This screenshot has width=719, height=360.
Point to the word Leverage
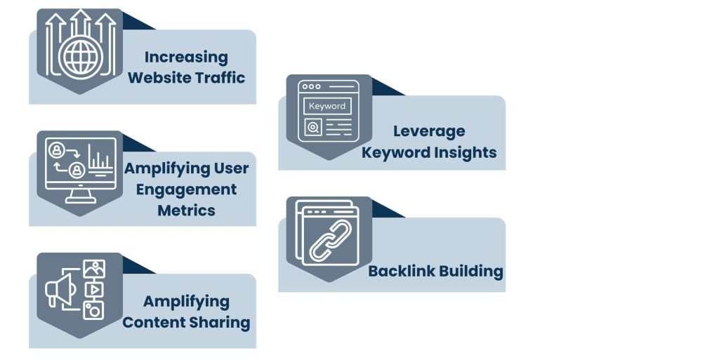[429, 131]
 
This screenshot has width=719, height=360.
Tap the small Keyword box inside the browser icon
[327, 106]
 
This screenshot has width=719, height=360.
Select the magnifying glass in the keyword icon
[313, 128]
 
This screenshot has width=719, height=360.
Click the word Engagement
[186, 189]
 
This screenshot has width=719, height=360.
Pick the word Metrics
[186, 210]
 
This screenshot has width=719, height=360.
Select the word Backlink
[400, 271]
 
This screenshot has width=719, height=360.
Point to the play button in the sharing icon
[93, 288]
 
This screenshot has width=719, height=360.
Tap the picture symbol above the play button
[93, 269]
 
